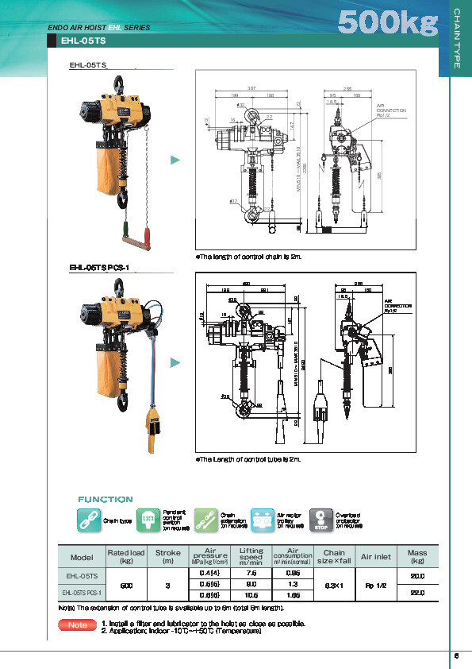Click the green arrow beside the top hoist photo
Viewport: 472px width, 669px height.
coord(177,160)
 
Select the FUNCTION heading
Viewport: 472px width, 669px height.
coord(105,499)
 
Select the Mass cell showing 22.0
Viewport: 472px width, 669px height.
coord(417,592)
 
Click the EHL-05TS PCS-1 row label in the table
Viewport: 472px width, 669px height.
coord(83,593)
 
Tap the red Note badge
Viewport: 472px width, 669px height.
coord(77,625)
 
